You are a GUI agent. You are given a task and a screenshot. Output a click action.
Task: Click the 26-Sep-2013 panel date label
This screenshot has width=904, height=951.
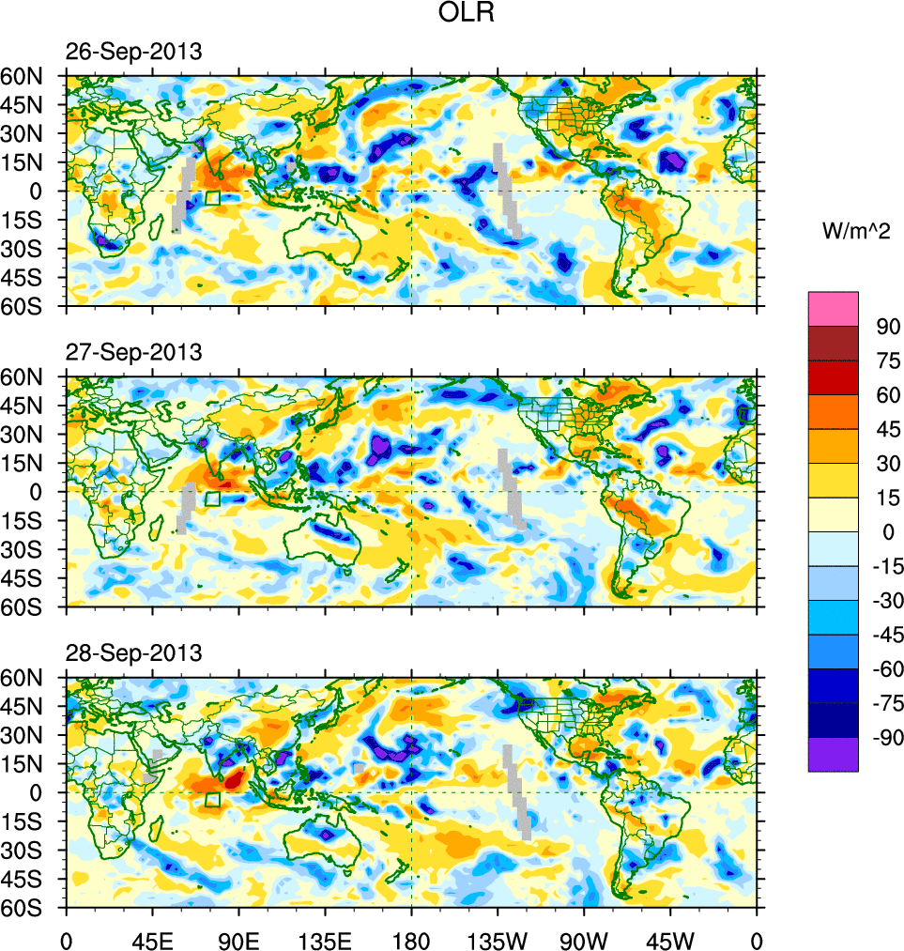point(133,52)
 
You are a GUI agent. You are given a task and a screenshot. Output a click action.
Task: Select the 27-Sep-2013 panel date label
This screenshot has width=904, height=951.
point(133,352)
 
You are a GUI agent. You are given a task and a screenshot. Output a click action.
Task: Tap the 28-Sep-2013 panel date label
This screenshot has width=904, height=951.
point(133,652)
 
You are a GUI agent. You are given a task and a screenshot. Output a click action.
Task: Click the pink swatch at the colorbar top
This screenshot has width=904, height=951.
point(833,308)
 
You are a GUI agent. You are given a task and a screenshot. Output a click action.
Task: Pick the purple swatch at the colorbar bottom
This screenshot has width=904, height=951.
point(833,754)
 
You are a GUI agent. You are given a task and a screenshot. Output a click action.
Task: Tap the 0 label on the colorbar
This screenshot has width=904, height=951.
point(883,532)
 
